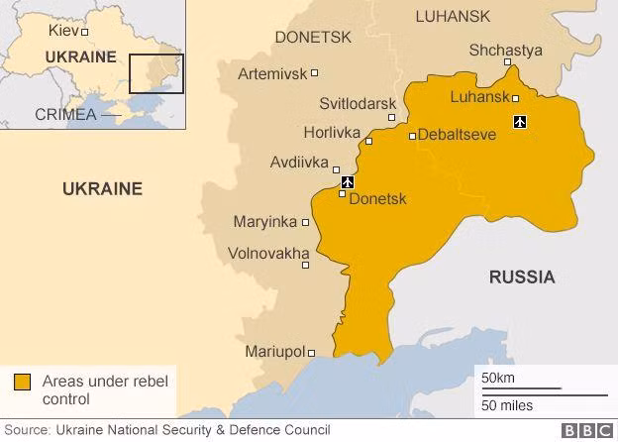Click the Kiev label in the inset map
62,31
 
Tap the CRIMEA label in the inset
65,114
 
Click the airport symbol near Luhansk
520,122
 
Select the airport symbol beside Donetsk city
347,182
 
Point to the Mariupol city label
274,352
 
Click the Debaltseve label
457,135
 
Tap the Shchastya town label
505,50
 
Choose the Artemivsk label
272,73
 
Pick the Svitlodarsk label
358,104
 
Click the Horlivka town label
331,133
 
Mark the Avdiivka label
300,163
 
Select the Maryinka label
264,222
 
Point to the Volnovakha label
268,254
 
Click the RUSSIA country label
522,276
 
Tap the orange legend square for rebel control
22,382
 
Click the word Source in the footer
27,430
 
